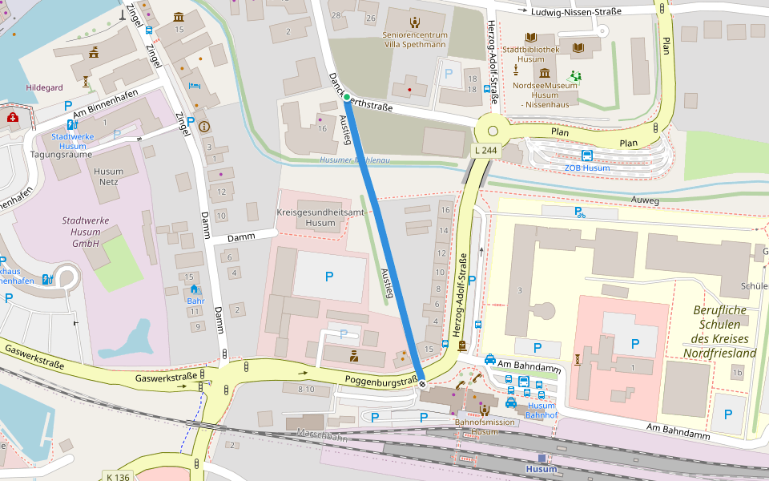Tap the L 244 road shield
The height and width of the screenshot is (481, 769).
(x=485, y=150)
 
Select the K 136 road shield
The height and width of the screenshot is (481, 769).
(x=117, y=476)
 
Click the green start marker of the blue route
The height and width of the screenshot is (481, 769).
(x=347, y=99)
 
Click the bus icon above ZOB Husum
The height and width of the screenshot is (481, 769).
(x=587, y=156)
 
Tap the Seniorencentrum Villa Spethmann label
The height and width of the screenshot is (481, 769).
(x=414, y=39)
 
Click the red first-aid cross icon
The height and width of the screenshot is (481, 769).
(x=13, y=118)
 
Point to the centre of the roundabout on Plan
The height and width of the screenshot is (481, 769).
(x=493, y=131)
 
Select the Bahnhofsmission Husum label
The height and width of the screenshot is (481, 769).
(x=484, y=426)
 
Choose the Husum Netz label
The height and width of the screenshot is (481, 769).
(x=109, y=177)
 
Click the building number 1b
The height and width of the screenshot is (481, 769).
(x=737, y=373)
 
